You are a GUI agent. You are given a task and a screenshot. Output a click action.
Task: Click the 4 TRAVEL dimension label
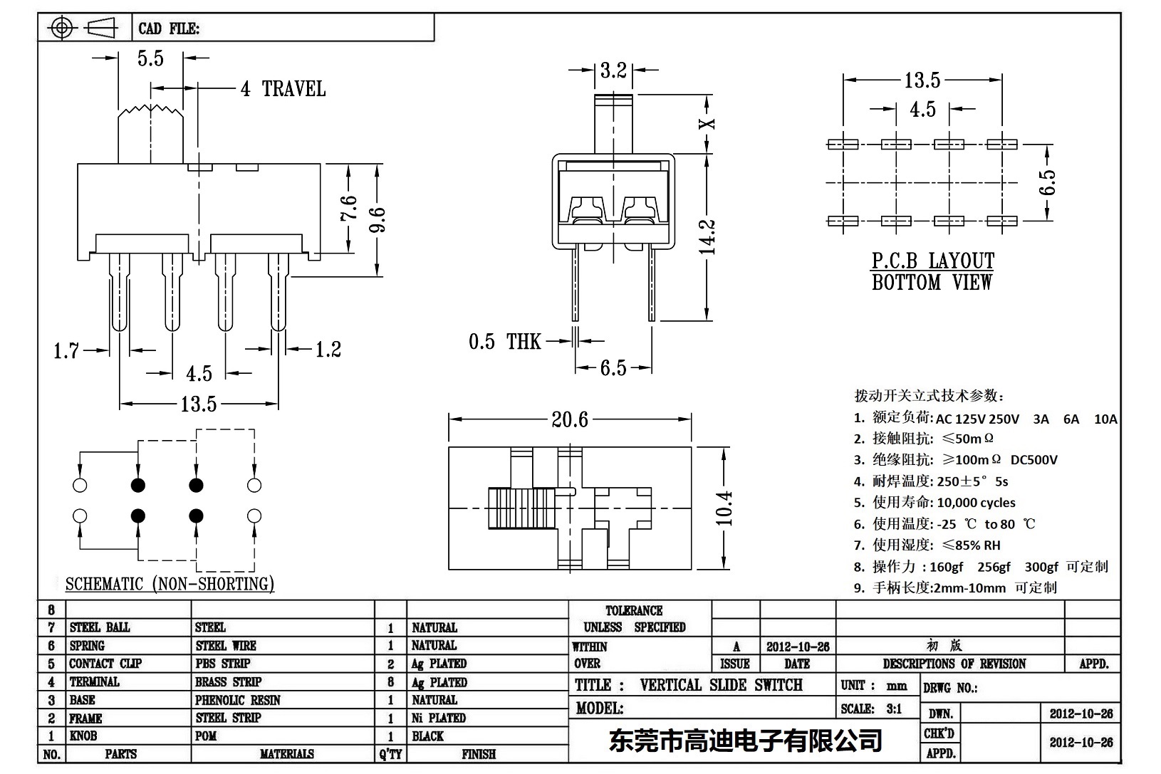point(283,89)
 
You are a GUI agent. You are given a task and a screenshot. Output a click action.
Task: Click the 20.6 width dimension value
point(570,419)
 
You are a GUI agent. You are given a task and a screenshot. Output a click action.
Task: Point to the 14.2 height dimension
point(707,236)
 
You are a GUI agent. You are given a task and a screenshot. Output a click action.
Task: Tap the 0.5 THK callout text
point(504,342)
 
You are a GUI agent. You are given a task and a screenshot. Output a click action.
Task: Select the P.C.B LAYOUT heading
point(932,261)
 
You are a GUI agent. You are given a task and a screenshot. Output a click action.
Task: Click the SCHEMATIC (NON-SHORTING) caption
point(170,584)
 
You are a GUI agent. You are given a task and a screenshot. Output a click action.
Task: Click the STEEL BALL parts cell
point(100,627)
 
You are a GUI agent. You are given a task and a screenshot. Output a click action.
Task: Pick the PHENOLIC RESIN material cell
point(238,700)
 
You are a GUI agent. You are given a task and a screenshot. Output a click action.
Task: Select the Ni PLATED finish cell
point(438,718)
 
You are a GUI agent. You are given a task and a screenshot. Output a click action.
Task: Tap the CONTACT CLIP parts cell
point(105,664)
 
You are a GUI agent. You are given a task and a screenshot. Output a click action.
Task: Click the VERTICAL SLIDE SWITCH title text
point(721,685)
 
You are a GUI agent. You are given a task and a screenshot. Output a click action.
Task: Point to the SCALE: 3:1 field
point(870,708)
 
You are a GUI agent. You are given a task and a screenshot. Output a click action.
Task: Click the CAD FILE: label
point(169,28)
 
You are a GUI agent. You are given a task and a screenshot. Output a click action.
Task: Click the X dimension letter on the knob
point(708,122)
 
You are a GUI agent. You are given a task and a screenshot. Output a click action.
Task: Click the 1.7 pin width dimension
point(66,350)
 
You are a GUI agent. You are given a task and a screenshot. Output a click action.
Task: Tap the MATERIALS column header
point(286,754)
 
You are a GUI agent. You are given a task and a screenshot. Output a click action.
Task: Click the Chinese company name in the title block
point(745,741)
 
